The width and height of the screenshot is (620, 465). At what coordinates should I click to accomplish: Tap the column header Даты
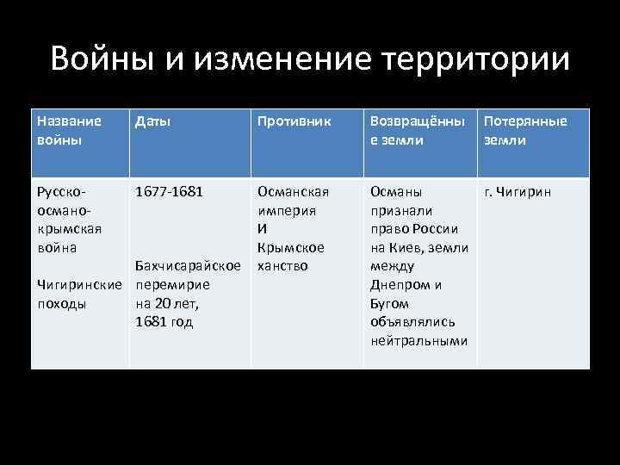click(x=152, y=121)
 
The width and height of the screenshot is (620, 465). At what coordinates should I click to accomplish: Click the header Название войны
click(x=69, y=130)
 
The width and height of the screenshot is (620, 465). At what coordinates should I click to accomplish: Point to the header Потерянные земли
click(x=525, y=130)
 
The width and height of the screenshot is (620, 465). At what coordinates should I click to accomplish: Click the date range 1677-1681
click(x=170, y=191)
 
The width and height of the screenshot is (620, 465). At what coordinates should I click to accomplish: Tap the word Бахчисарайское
click(x=188, y=266)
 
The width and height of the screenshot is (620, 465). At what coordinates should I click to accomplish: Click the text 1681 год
click(x=164, y=322)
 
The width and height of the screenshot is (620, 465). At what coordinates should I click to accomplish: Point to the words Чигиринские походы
click(x=83, y=294)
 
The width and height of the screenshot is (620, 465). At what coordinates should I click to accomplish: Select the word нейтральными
click(x=418, y=341)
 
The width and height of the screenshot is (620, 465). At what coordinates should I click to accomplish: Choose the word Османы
click(x=395, y=191)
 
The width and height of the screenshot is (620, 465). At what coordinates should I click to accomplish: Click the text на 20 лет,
click(x=167, y=303)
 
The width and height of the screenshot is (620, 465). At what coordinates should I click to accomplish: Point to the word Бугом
click(x=389, y=303)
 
